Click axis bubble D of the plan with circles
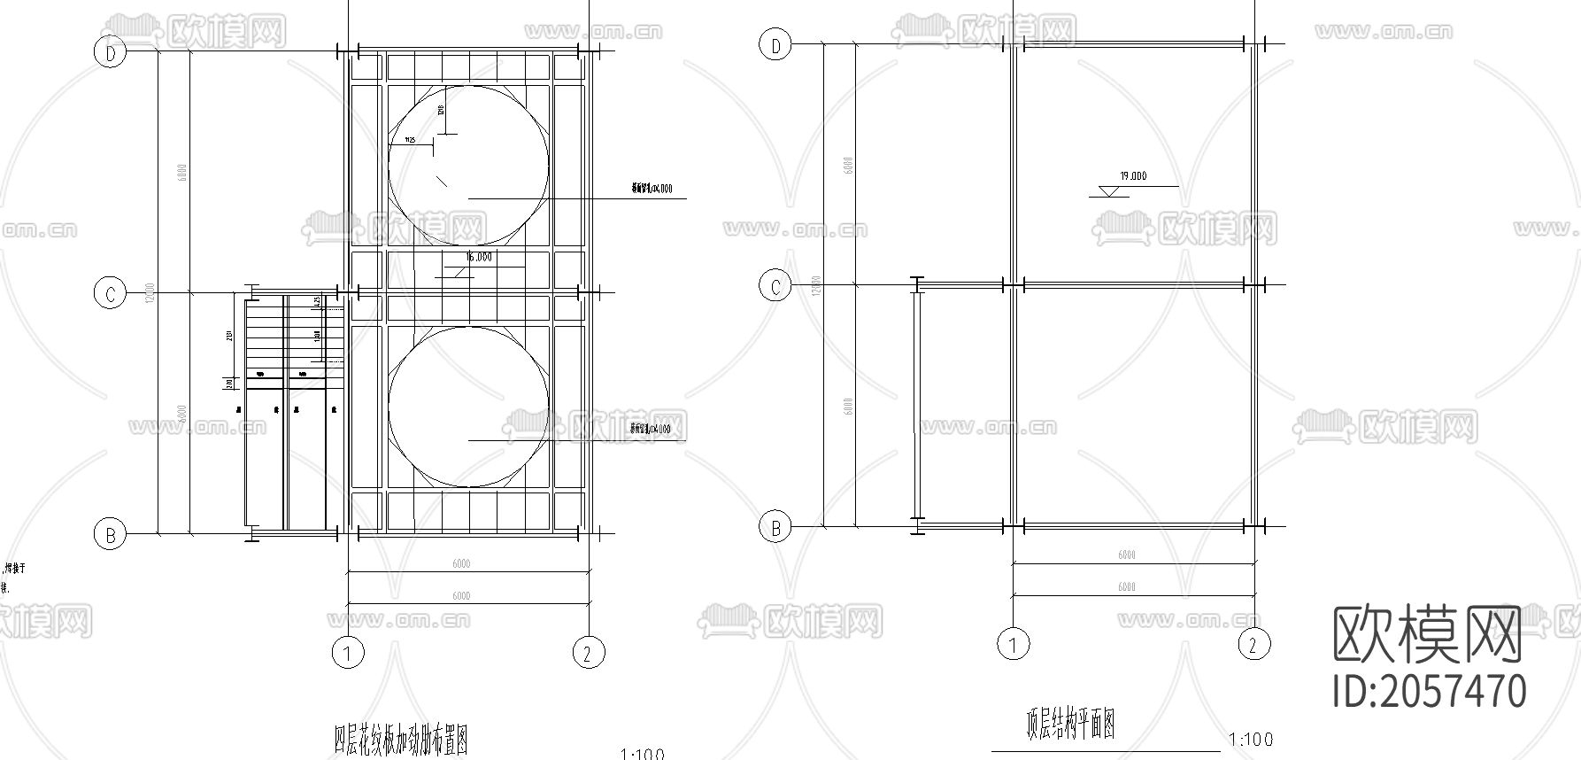tap(111, 53)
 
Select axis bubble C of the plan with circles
tap(110, 293)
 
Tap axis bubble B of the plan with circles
tap(111, 534)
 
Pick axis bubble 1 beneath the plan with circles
tap(348, 654)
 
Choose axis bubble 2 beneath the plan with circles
tap(588, 654)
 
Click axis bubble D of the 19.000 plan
tap(776, 45)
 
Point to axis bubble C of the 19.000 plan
tap(776, 286)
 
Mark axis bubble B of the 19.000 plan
tap(776, 527)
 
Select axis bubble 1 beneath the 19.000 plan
tap(1014, 644)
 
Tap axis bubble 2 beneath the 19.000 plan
tap(1253, 644)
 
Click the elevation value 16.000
tap(479, 258)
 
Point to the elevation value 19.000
tap(1133, 176)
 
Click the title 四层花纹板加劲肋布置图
tap(401, 739)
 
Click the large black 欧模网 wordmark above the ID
tap(1427, 634)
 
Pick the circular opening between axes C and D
tap(468, 166)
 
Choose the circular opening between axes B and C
tap(468, 407)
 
